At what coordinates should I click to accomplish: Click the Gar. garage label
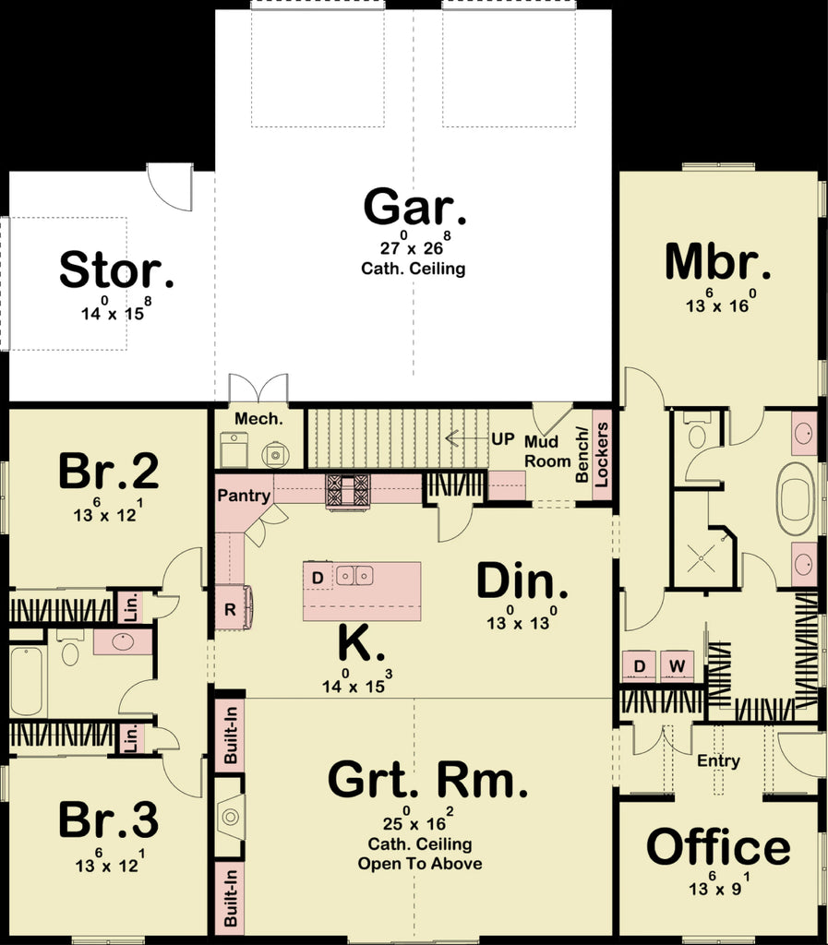414,208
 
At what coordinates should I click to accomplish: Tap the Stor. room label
116,270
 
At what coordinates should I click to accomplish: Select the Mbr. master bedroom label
717,262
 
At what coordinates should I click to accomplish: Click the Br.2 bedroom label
108,472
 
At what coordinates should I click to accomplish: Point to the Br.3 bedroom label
108,820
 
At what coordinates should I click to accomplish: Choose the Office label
718,847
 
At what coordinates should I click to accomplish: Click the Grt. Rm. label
428,782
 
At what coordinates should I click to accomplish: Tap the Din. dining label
522,582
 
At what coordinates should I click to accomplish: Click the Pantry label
244,496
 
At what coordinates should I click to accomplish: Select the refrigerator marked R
229,609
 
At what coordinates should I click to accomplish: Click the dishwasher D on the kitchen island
318,578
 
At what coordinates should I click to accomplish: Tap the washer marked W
677,665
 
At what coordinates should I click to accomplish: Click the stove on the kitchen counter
347,489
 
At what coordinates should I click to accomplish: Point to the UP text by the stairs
502,439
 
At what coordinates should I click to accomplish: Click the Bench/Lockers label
592,454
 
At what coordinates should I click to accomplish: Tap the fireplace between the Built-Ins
229,817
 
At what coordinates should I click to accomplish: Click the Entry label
718,760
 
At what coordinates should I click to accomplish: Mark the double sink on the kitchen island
354,576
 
